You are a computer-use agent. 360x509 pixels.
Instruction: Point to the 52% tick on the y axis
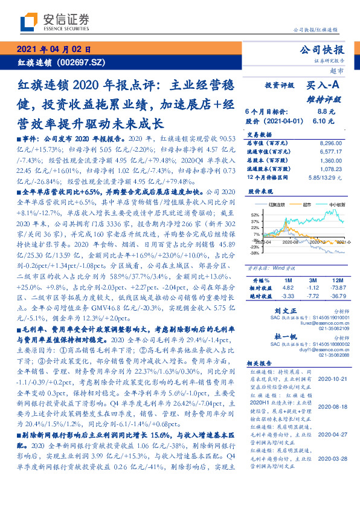[255, 215]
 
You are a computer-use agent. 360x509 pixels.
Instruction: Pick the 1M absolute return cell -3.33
[288, 297]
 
